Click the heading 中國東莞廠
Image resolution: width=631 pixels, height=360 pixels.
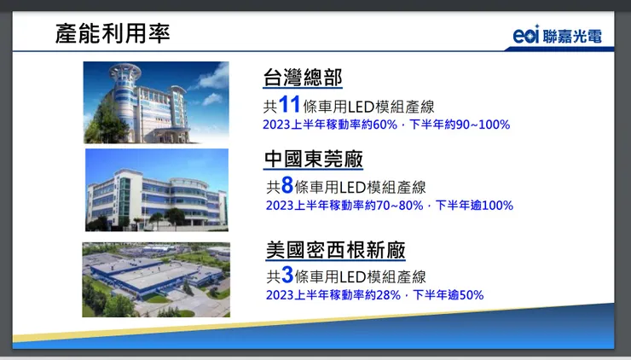click(313, 159)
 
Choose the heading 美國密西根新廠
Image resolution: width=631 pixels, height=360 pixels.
click(335, 250)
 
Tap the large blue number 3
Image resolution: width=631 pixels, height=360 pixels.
click(287, 276)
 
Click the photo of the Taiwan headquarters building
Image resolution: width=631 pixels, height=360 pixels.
click(156, 102)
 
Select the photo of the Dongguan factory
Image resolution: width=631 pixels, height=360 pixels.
click(156, 189)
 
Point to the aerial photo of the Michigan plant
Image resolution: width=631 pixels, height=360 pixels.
click(156, 279)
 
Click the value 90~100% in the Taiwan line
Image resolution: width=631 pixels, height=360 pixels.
click(483, 125)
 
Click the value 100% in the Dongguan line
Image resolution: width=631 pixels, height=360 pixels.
click(497, 206)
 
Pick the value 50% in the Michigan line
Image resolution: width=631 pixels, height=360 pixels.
click(471, 295)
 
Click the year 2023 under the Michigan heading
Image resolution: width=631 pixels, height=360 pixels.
click(280, 295)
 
